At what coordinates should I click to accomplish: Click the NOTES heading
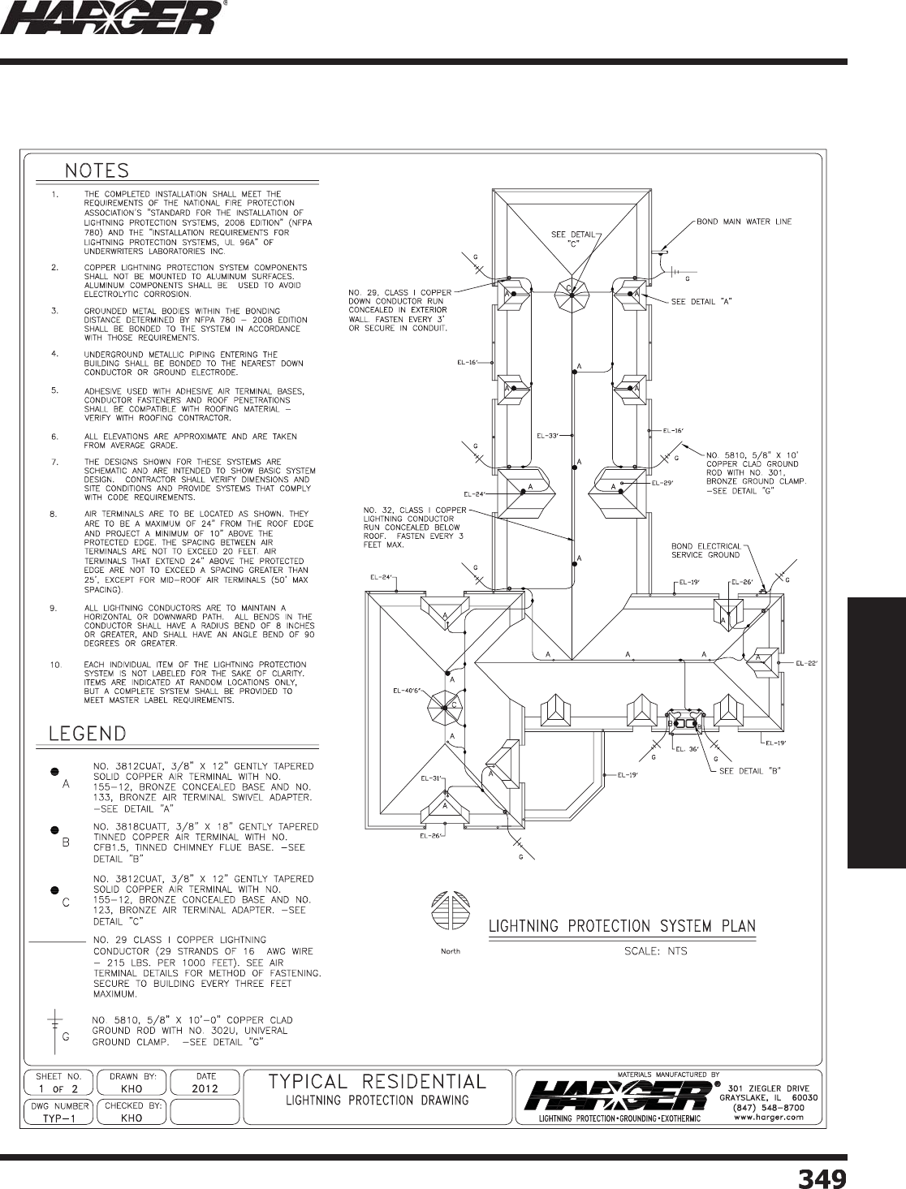point(97,170)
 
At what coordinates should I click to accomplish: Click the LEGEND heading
point(88,734)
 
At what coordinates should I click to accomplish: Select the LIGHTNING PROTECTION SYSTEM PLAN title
point(622,926)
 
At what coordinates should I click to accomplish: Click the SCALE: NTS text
point(654,951)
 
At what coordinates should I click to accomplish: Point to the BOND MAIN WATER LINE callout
point(744,221)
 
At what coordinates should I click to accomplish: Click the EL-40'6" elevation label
point(407,691)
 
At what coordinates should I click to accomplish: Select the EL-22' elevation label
point(805,663)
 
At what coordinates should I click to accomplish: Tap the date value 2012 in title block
point(205,1088)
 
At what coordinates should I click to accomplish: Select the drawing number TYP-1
point(60,1118)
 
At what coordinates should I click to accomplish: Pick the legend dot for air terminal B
point(54,830)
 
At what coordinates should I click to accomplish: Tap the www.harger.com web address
point(767,1117)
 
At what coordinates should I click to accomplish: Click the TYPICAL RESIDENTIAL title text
point(377,1081)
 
